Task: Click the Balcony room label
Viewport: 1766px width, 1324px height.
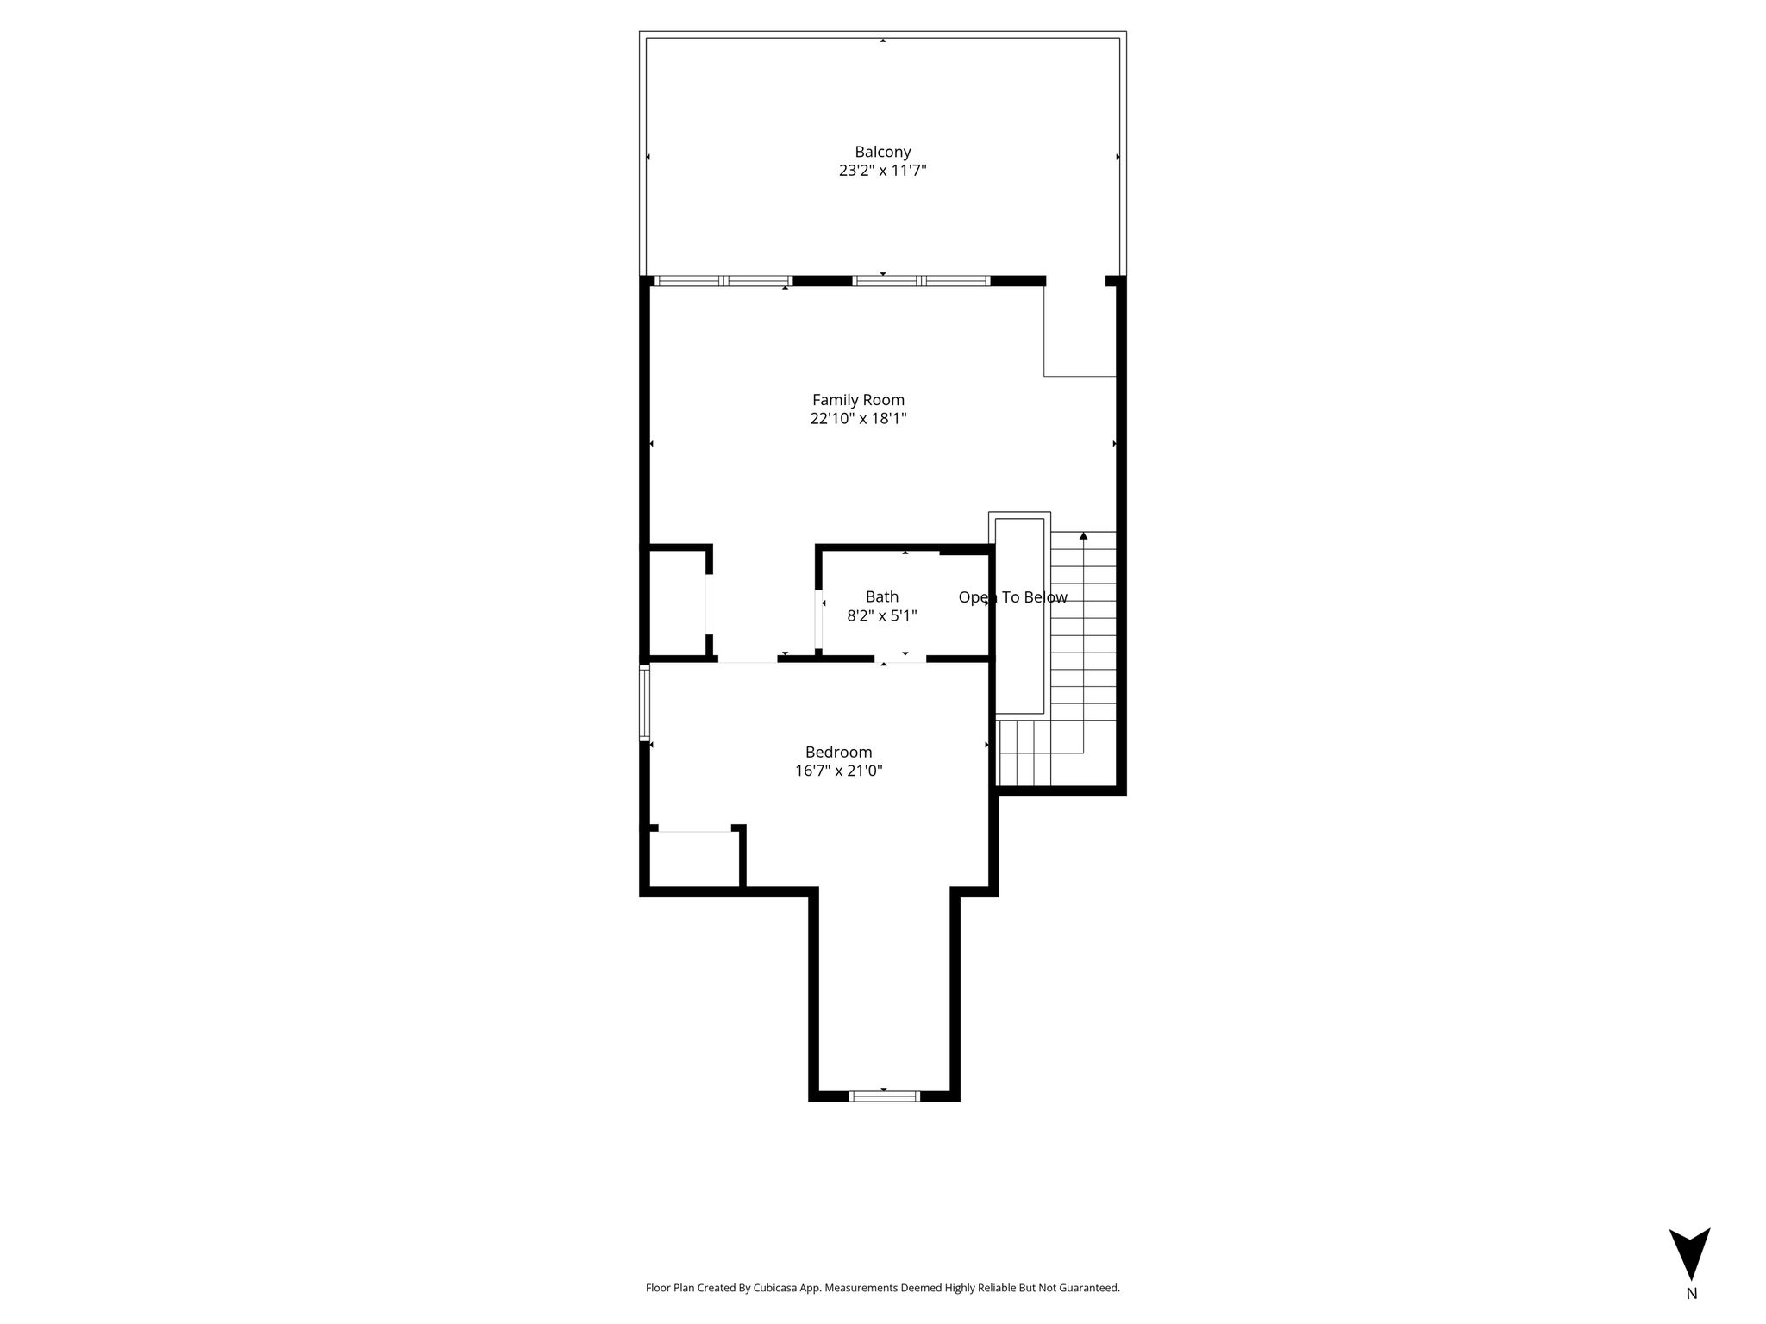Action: click(x=882, y=152)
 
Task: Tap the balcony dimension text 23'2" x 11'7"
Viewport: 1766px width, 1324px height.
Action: click(x=882, y=171)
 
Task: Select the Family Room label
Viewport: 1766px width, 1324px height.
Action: click(x=858, y=400)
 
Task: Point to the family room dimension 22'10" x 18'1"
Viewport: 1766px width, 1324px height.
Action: click(x=858, y=419)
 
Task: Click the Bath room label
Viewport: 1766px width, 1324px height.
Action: click(x=882, y=596)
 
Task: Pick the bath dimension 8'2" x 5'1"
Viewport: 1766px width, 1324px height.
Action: click(x=882, y=615)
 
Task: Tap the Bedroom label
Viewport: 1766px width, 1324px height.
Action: click(x=838, y=752)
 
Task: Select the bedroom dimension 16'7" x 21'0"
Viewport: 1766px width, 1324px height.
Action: click(x=838, y=771)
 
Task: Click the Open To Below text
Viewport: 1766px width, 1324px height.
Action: click(x=1012, y=597)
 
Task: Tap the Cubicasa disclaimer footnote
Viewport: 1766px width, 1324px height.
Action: click(x=882, y=1288)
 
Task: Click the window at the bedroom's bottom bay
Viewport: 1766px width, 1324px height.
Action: click(x=884, y=1096)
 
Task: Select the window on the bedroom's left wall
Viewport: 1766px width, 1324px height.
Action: click(x=644, y=702)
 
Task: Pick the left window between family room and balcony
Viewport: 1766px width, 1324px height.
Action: click(x=723, y=280)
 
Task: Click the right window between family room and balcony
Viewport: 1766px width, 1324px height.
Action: click(x=921, y=280)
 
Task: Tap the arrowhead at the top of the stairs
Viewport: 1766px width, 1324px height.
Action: click(x=1083, y=536)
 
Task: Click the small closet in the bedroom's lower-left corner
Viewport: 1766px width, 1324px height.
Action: click(x=693, y=859)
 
